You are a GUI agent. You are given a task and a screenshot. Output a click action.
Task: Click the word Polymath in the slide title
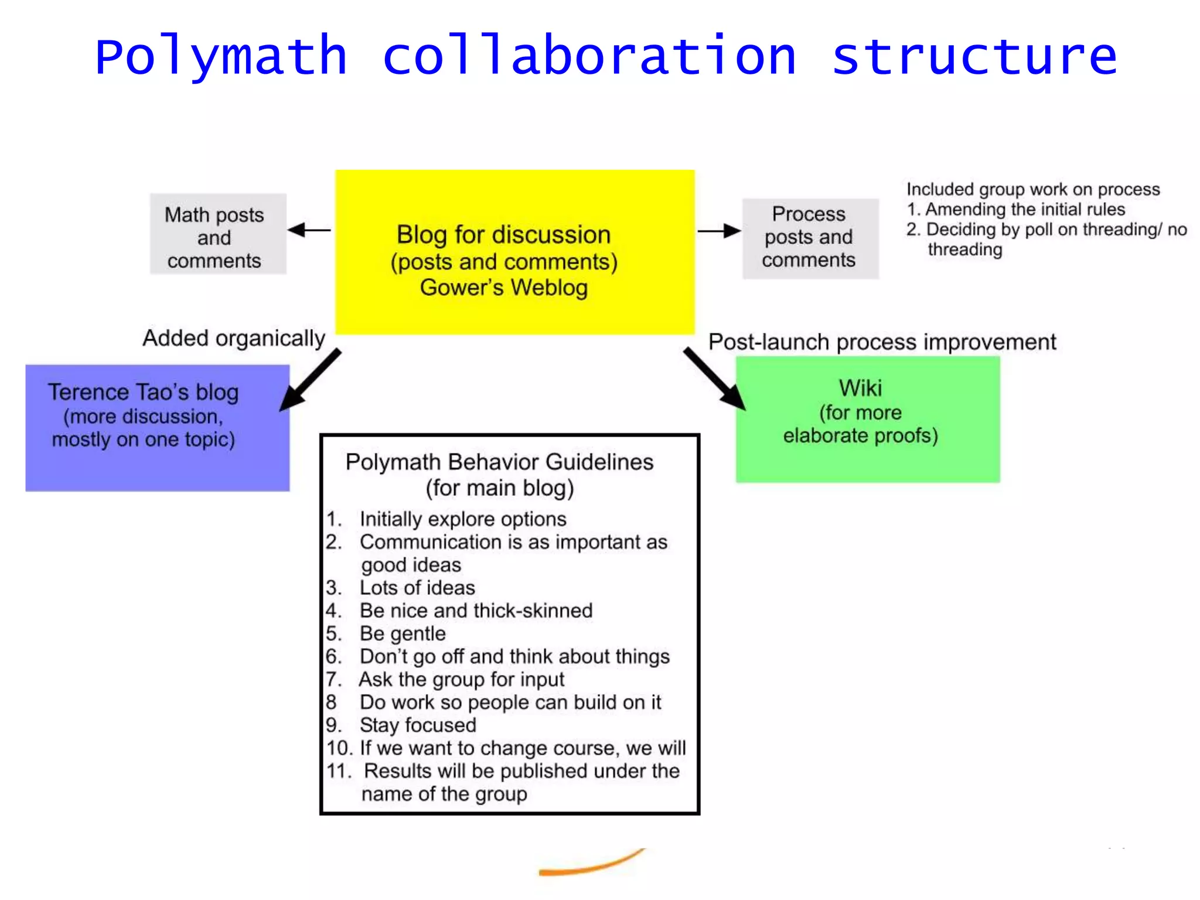click(221, 57)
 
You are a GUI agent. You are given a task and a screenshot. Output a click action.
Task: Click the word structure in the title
click(974, 57)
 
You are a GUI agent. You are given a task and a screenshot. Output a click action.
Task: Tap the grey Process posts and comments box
click(810, 238)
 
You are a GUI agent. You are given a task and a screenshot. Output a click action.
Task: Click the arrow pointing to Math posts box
click(309, 230)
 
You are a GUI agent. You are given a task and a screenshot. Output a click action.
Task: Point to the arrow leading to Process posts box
click(719, 231)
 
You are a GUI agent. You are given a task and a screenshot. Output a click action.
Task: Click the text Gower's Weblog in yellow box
click(504, 288)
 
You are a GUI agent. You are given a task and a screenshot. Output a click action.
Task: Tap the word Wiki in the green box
click(860, 388)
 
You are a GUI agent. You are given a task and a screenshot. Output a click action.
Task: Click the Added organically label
click(234, 339)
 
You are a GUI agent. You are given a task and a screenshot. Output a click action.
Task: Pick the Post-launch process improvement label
click(882, 342)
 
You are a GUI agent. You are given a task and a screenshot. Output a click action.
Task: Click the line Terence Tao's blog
click(144, 392)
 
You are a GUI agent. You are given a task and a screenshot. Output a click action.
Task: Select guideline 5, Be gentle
click(403, 633)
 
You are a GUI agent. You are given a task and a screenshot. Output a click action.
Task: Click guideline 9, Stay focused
click(418, 725)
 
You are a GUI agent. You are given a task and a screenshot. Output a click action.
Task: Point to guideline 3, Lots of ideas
click(417, 588)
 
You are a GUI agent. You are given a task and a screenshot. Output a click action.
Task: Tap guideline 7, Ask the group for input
click(462, 680)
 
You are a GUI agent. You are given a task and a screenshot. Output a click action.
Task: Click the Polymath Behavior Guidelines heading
click(499, 462)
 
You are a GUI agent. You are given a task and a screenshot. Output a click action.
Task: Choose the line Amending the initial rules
click(1025, 209)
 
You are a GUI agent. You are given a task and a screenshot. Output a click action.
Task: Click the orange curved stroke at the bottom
click(592, 864)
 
